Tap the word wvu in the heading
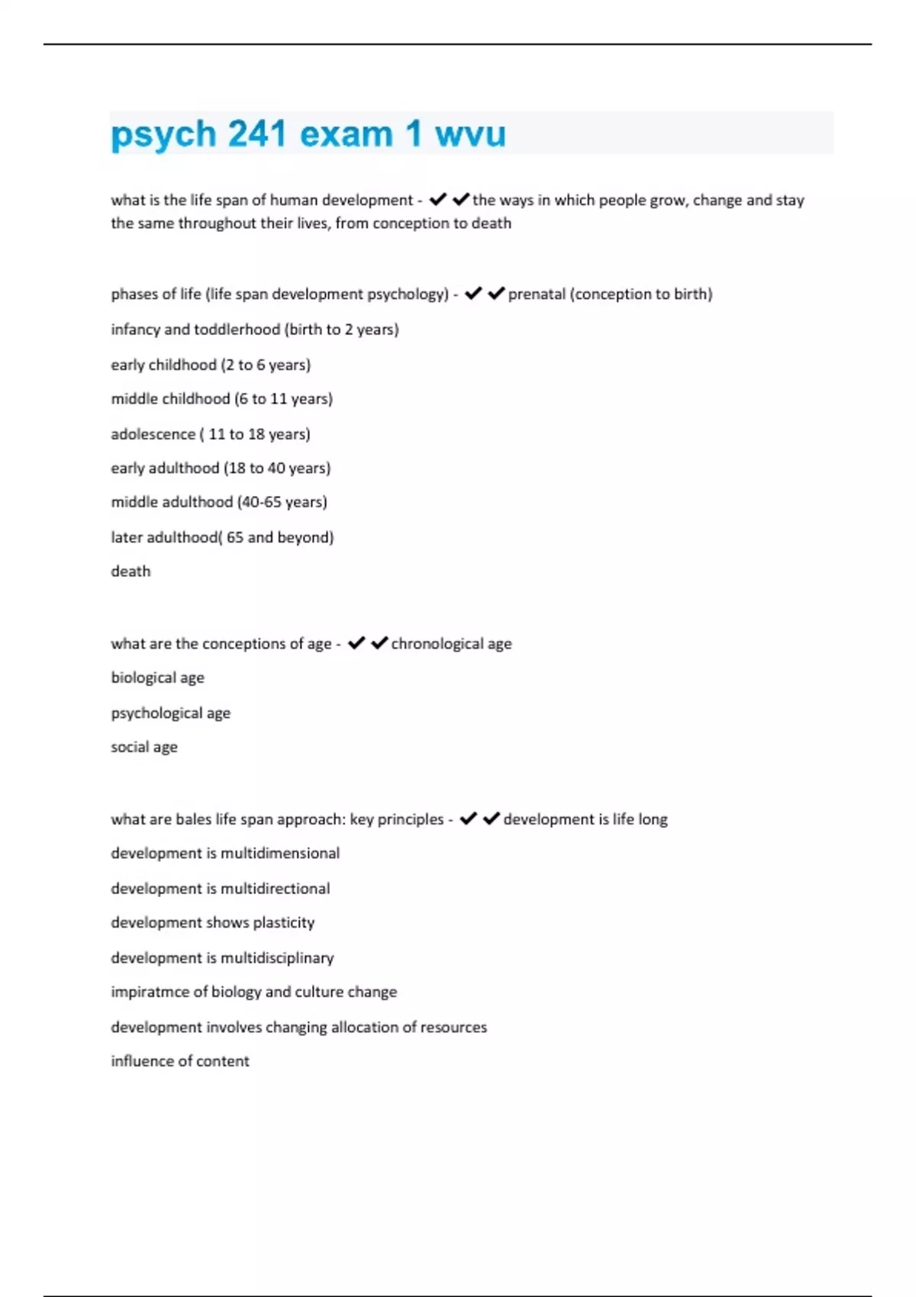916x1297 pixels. pos(470,134)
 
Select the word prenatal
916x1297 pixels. pos(537,294)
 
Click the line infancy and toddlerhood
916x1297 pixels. pos(254,330)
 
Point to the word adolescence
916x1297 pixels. pos(153,434)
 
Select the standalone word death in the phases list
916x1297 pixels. pos(131,571)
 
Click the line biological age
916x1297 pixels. pos(157,677)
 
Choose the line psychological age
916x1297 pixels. pos(170,713)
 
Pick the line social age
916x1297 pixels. pos(144,747)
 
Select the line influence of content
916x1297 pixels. pos(179,1061)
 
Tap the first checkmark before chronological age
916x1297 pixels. pos(356,643)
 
